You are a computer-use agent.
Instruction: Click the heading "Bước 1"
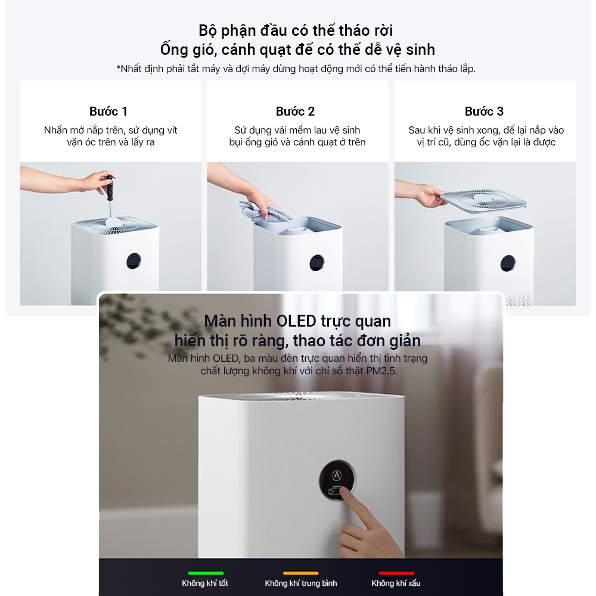108,111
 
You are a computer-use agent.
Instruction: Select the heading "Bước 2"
296,111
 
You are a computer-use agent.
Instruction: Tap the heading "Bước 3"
484,111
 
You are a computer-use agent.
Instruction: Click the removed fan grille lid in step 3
483,201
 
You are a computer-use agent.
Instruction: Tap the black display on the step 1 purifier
134,261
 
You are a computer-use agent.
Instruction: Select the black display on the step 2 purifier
317,263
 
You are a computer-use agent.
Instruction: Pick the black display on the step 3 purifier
508,263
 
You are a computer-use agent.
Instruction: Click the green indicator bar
206,573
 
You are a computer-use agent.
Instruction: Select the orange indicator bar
300,573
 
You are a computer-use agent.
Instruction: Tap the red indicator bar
396,573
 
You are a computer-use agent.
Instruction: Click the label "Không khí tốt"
205,583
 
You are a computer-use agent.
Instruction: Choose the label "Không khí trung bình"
300,583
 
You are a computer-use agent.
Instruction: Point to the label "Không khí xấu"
396,583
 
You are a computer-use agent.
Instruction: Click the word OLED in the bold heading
296,321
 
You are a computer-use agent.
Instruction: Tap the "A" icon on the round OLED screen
337,475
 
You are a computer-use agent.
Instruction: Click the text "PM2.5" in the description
381,371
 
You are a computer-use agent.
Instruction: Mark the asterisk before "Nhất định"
119,68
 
